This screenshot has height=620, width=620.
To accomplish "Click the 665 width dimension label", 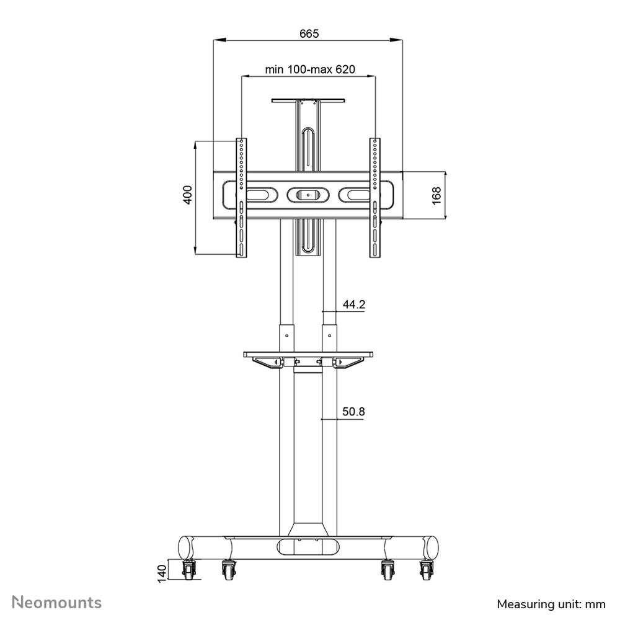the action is (309, 33).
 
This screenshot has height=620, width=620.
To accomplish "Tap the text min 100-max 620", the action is (310, 69).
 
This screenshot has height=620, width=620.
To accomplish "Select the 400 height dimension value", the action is (188, 195).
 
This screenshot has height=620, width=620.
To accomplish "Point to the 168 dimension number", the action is (436, 196).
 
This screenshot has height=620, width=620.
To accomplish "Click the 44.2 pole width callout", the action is (354, 304).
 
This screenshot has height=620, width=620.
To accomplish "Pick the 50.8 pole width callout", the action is (353, 412).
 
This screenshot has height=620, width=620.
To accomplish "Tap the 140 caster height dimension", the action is (162, 573).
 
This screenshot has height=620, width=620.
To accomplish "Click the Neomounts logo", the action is (57, 603).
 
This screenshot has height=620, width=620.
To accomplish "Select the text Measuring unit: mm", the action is (551, 604).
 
